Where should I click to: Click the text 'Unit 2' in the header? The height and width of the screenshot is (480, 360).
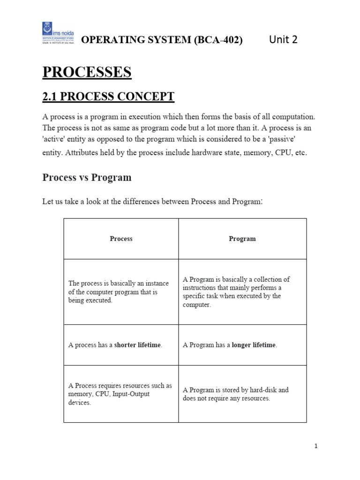point(283,40)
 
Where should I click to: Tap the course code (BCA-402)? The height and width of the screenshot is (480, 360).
point(218,40)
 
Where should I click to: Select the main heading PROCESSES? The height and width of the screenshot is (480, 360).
point(87,73)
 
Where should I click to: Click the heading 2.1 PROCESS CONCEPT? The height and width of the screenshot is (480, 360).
point(108,97)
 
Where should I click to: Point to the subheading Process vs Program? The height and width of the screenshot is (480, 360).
point(87,178)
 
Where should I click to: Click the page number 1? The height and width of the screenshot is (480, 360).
point(316,446)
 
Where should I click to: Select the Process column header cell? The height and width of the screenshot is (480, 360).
point(121,239)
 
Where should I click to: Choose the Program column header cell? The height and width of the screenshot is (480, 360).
point(242,239)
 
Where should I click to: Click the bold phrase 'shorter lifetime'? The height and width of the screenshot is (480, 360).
point(138,345)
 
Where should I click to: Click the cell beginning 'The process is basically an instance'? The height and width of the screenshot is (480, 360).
point(121,292)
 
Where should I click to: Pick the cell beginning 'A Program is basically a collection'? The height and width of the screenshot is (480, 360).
point(242,292)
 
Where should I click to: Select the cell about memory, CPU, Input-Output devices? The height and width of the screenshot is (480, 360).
point(121,394)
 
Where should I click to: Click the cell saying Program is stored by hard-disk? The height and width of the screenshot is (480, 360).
point(242,394)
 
